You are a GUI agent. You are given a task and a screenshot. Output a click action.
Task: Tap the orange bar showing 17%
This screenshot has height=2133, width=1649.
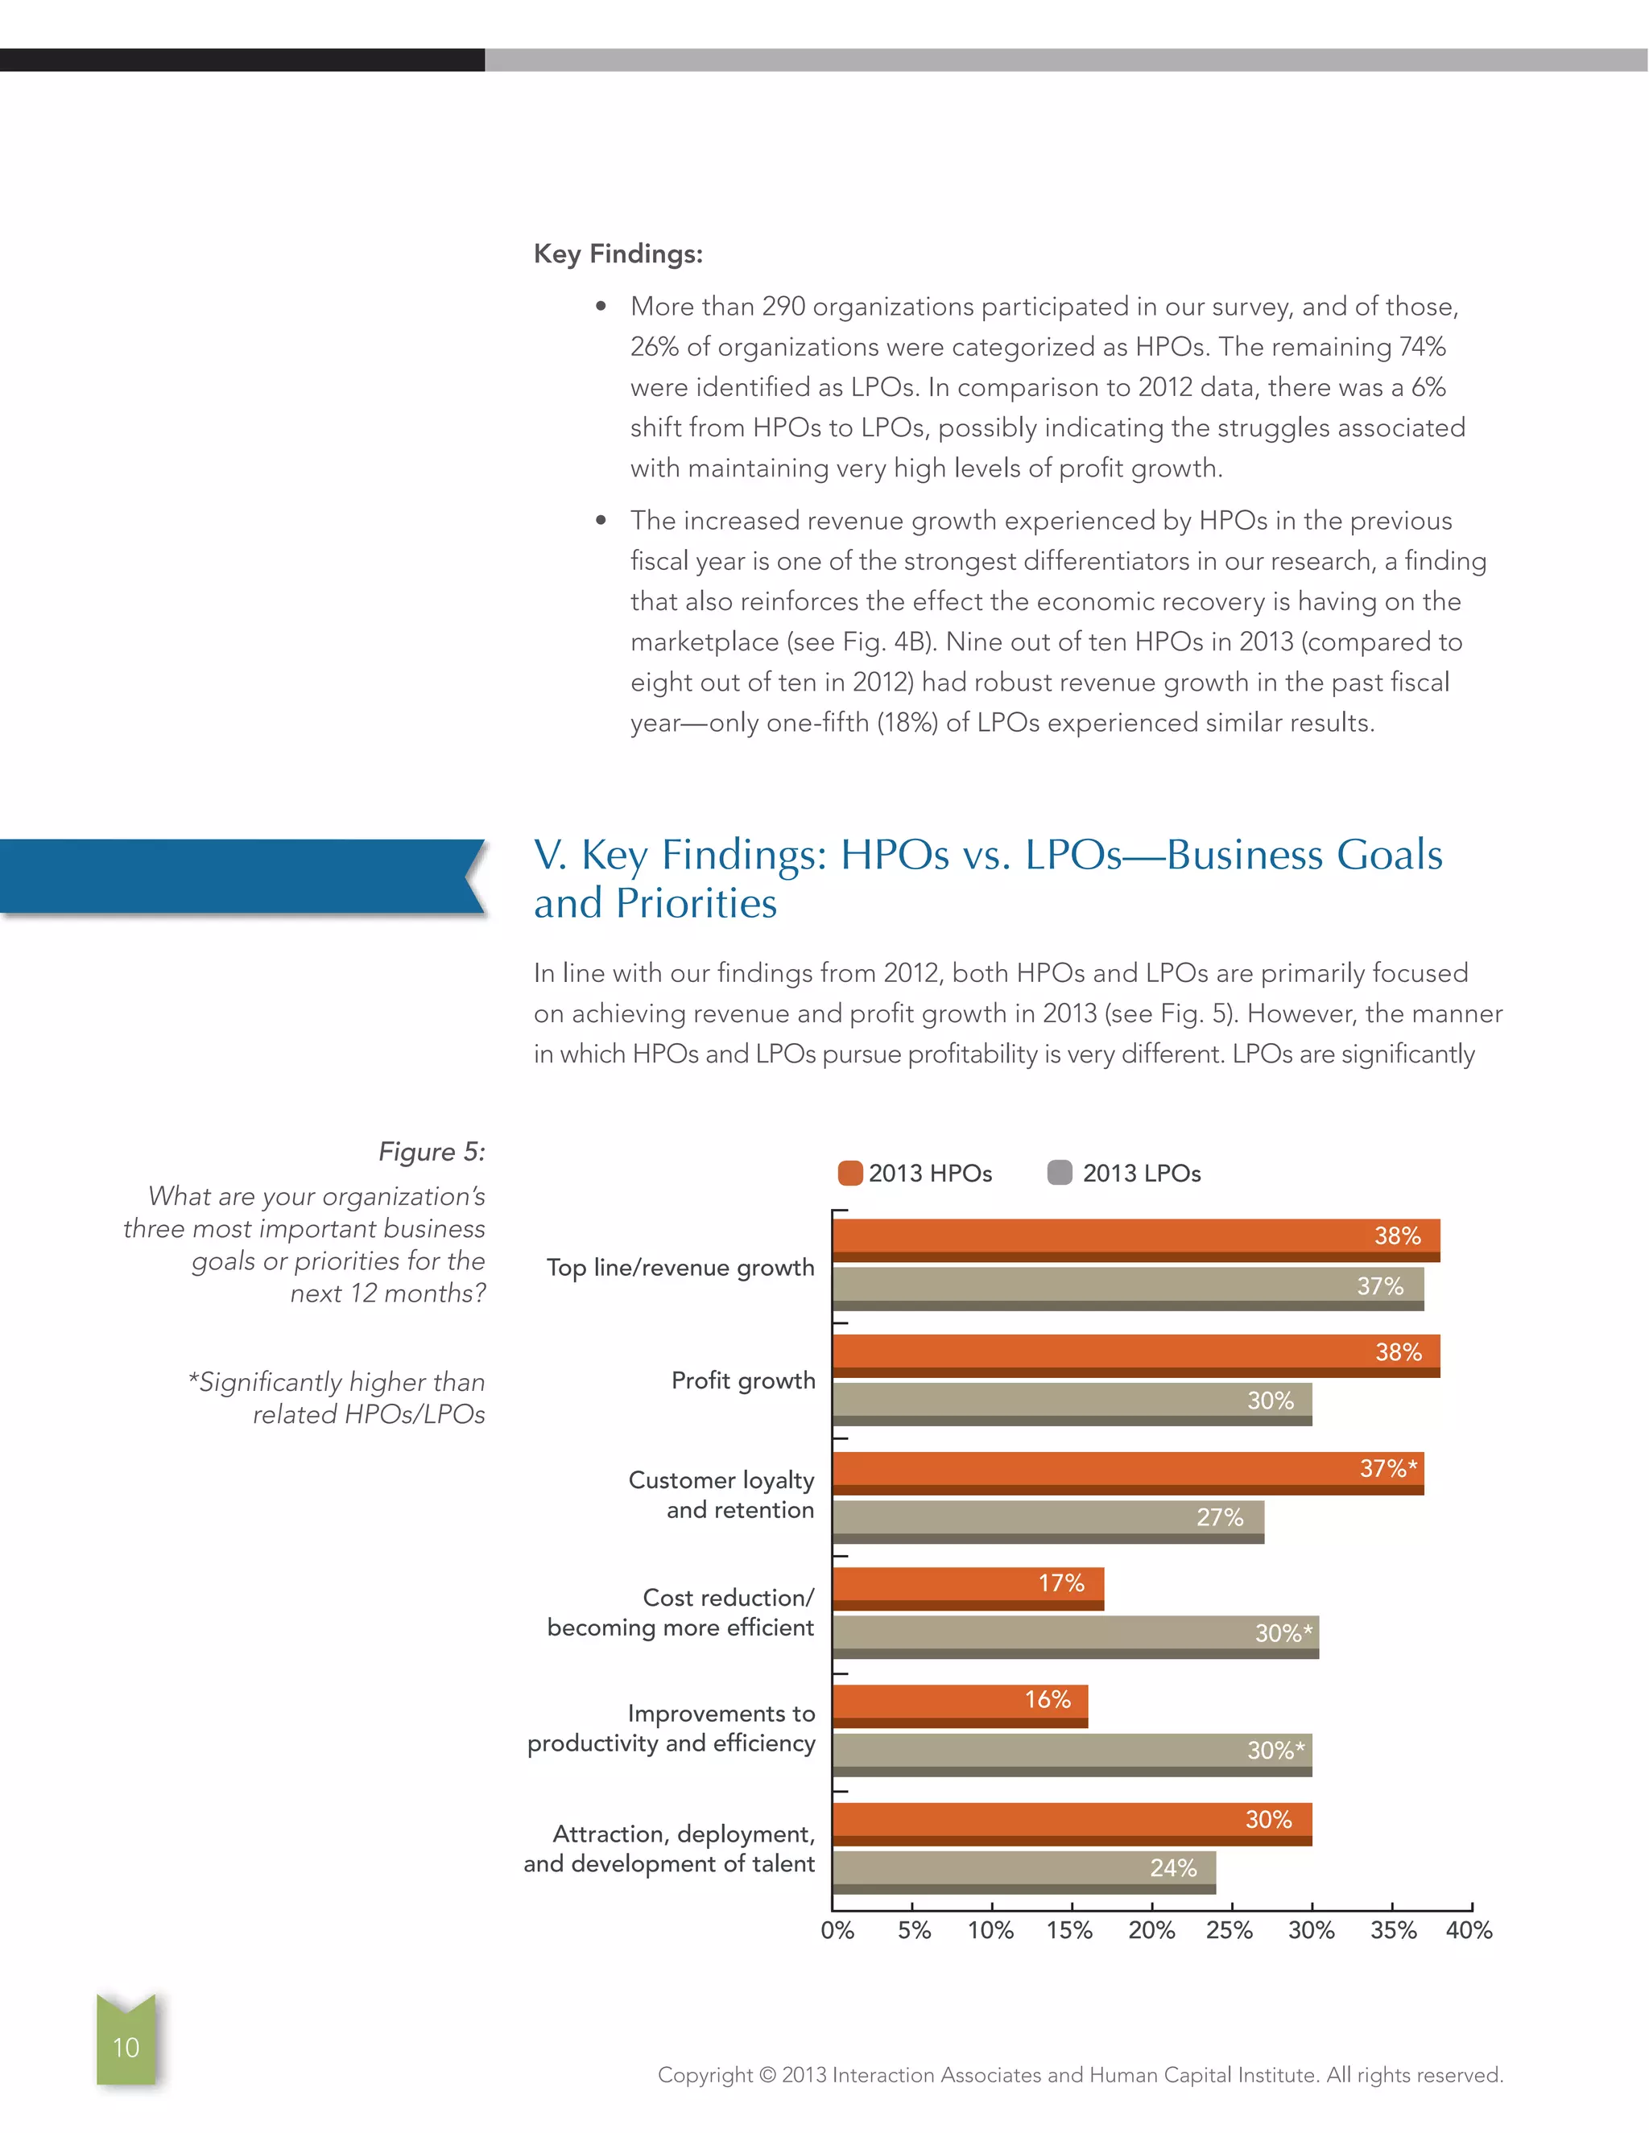967,1587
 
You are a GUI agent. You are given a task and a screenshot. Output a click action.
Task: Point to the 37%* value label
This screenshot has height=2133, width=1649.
1387,1468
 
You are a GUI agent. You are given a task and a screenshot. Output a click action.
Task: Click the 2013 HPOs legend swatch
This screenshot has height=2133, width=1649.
850,1173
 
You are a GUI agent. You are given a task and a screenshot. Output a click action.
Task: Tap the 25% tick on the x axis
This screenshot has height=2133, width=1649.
1229,1930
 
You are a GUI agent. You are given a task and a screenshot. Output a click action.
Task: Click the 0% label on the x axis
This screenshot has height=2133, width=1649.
837,1930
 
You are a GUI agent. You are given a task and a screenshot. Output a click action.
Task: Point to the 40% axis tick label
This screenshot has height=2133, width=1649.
1469,1930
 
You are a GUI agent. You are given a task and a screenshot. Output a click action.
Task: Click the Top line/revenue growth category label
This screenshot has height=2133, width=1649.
680,1268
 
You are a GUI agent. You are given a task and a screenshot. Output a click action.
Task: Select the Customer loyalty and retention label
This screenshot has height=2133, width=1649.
721,1494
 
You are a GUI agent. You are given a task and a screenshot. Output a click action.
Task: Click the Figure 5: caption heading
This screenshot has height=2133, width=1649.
431,1152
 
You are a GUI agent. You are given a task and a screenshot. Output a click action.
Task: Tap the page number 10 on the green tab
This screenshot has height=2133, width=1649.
126,2047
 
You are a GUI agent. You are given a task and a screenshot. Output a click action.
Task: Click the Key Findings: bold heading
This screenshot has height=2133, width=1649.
618,254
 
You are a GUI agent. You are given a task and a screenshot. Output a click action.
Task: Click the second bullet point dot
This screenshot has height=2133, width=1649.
601,521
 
